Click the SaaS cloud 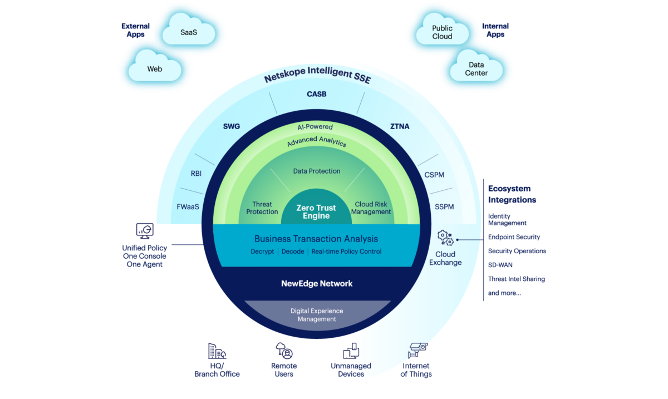(x=189, y=32)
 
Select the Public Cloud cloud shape (x=442, y=32)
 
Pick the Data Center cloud (x=477, y=69)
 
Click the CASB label (x=316, y=94)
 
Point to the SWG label (x=231, y=126)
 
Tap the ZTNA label (x=400, y=126)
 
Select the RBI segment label (x=196, y=174)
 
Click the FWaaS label (x=188, y=207)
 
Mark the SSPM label (x=444, y=207)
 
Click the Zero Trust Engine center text (x=316, y=212)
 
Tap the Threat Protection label (x=262, y=208)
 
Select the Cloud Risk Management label (x=373, y=208)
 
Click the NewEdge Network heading (x=316, y=283)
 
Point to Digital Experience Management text (x=316, y=315)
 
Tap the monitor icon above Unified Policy (x=145, y=230)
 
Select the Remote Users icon (x=284, y=350)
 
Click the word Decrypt (x=262, y=252)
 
